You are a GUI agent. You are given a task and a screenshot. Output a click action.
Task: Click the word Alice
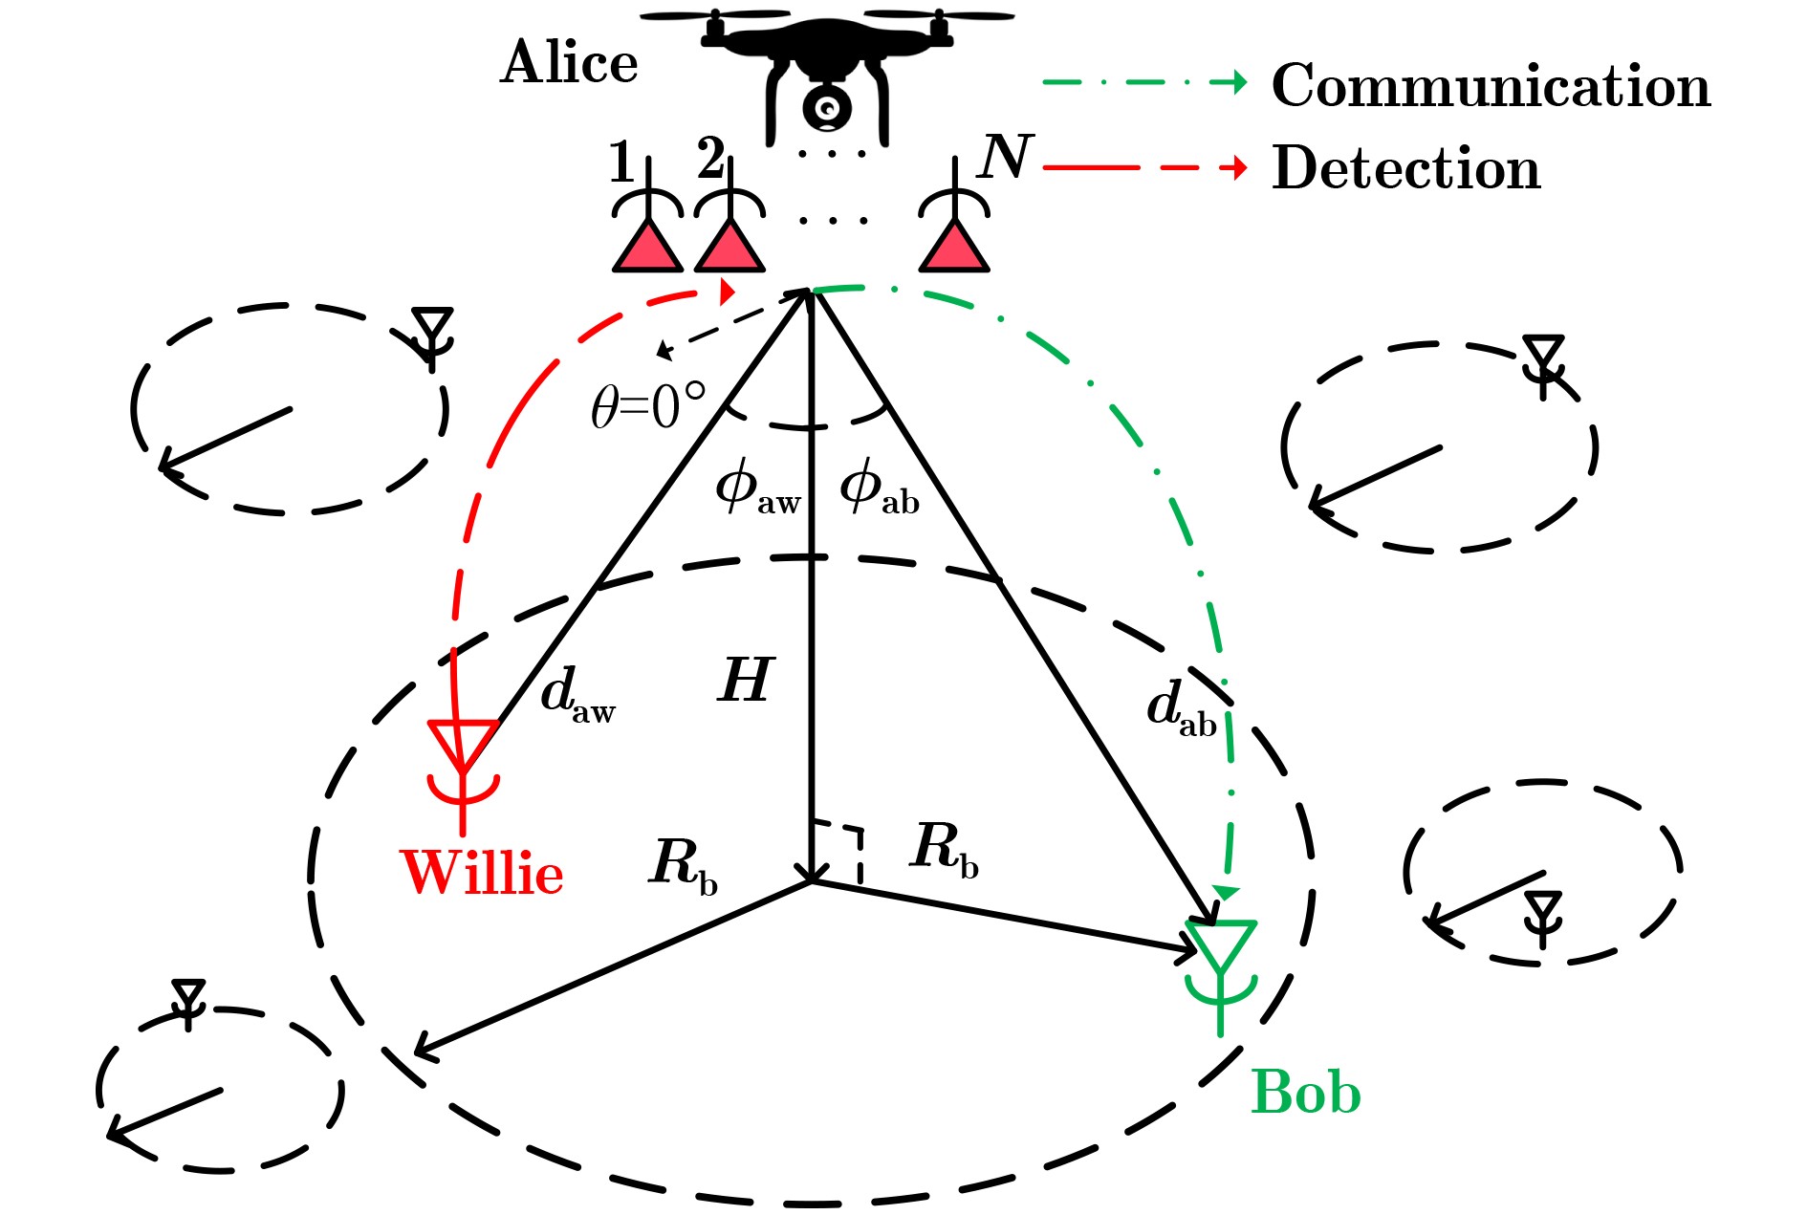click(x=569, y=63)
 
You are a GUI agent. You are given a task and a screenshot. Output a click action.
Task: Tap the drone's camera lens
click(x=827, y=107)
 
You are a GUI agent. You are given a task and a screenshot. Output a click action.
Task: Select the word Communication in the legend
click(x=1491, y=86)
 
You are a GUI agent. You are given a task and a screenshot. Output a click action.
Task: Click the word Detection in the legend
click(x=1405, y=168)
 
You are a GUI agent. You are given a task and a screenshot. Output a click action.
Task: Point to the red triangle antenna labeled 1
click(x=648, y=247)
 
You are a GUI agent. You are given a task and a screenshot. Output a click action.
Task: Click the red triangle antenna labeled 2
click(x=729, y=247)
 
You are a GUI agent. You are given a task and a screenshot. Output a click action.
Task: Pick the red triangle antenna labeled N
click(x=954, y=247)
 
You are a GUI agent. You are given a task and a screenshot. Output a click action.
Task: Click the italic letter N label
click(x=1004, y=157)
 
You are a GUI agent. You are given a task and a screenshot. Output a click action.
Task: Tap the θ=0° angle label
click(x=648, y=407)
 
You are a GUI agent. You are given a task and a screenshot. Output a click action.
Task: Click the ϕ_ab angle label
click(x=879, y=488)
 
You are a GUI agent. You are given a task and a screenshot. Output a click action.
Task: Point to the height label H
click(x=745, y=681)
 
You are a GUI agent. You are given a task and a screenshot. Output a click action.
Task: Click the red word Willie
click(x=483, y=873)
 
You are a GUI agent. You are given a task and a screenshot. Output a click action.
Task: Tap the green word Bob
click(x=1305, y=1092)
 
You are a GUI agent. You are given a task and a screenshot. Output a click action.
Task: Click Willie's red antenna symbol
click(x=464, y=770)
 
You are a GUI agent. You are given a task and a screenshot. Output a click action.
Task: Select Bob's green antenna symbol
click(x=1220, y=970)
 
